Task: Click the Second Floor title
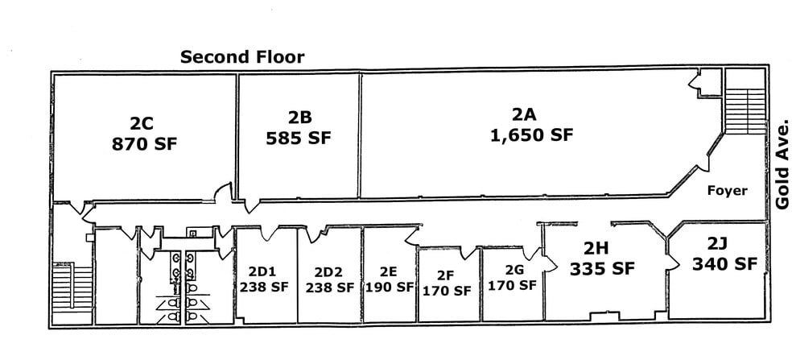[242, 57]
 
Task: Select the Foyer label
[727, 191]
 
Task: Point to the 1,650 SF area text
[531, 134]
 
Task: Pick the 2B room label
[298, 117]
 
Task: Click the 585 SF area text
[298, 138]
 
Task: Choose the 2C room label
[145, 123]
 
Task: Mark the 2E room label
[390, 271]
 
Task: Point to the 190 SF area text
[390, 287]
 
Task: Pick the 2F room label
[446, 275]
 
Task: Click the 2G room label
[512, 270]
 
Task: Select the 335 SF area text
[601, 268]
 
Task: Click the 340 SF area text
[724, 263]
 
